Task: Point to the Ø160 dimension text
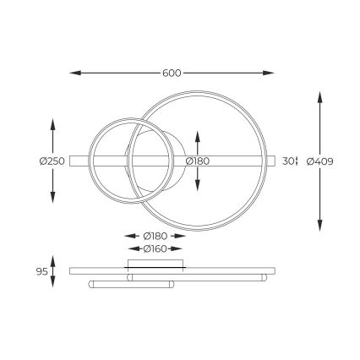click(154, 248)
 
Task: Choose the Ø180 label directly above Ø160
click(154, 235)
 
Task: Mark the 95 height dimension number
click(41, 271)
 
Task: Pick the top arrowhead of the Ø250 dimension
click(53, 123)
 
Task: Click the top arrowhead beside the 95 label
click(53, 258)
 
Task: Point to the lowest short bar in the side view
click(131, 284)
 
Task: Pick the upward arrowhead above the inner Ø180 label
click(197, 134)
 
